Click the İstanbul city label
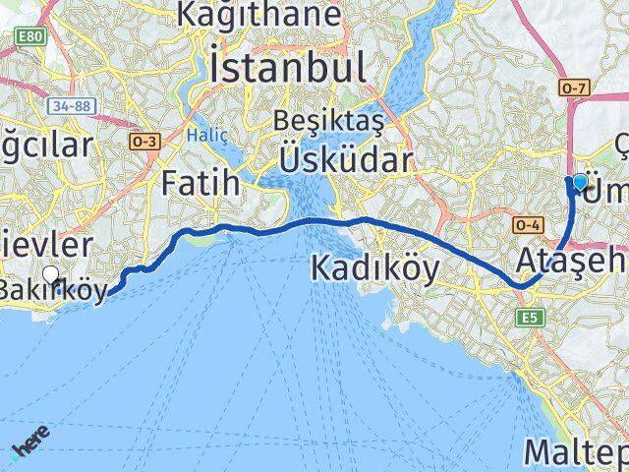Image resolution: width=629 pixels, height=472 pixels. click(x=287, y=67)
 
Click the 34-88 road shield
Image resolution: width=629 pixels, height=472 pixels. click(x=67, y=105)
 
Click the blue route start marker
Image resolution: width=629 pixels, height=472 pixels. click(x=579, y=182)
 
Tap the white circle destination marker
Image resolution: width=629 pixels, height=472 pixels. click(x=51, y=274)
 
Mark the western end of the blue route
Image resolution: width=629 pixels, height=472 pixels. click(x=108, y=291)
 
